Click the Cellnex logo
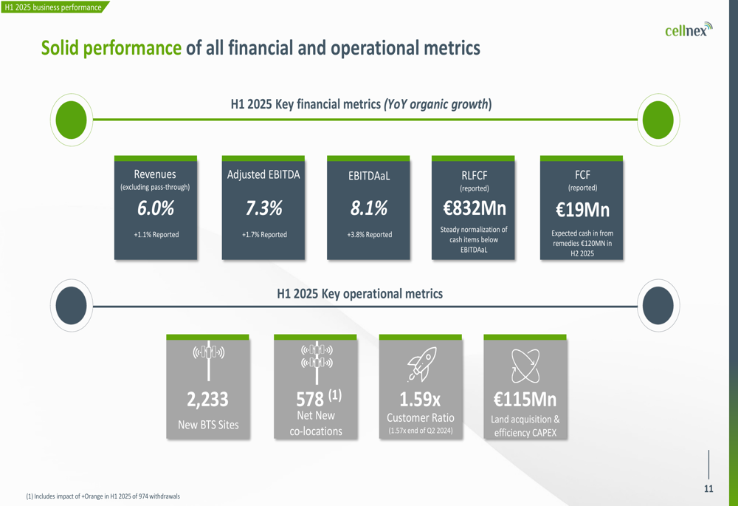(x=688, y=30)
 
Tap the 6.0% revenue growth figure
(x=156, y=209)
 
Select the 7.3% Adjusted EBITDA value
(x=264, y=209)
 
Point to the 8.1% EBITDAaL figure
(x=368, y=209)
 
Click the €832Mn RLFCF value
(x=473, y=209)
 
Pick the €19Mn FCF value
(x=582, y=211)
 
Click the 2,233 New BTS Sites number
(x=207, y=400)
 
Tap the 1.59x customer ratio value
(x=420, y=400)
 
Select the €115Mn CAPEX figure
(x=525, y=400)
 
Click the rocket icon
(x=421, y=364)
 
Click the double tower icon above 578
(x=317, y=356)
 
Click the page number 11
(x=708, y=489)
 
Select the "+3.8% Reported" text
(x=369, y=235)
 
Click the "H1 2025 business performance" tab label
(x=53, y=7)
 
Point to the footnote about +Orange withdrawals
(x=103, y=496)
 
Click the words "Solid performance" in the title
(x=111, y=49)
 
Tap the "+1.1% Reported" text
(x=156, y=235)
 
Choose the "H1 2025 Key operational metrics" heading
(x=359, y=294)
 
